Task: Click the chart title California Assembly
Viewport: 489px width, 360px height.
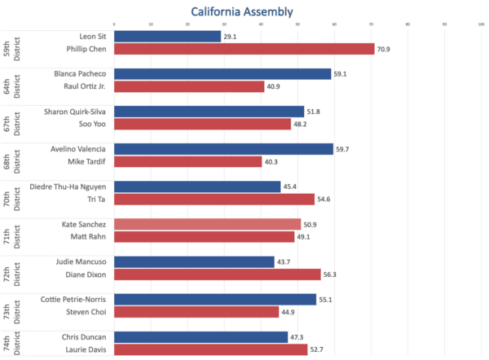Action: (242, 11)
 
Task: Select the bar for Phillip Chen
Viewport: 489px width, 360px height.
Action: (244, 49)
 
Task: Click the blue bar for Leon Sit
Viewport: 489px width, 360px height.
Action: (167, 37)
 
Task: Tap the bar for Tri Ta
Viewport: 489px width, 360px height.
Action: (214, 199)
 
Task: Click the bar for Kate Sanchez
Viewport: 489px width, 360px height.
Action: (207, 224)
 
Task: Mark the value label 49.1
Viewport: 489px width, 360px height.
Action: (306, 237)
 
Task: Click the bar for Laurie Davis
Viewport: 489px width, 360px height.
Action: (210, 349)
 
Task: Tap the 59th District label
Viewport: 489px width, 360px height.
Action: (11, 43)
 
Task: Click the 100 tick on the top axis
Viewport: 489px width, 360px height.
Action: (481, 24)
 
